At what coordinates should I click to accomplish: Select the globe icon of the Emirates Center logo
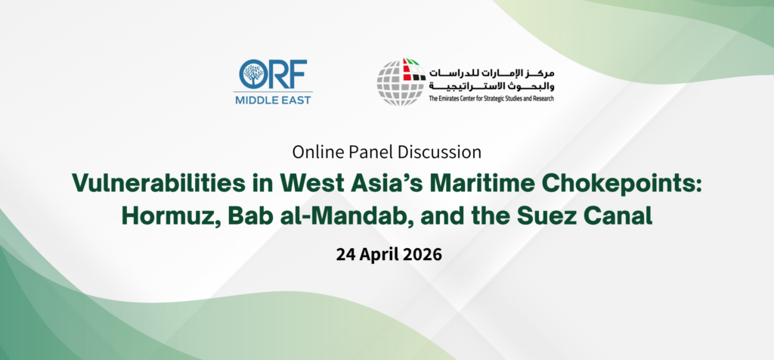pyautogui.click(x=401, y=81)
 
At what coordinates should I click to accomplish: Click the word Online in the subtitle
pyautogui.click(x=318, y=151)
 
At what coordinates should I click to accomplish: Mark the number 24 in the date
pyautogui.click(x=346, y=253)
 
